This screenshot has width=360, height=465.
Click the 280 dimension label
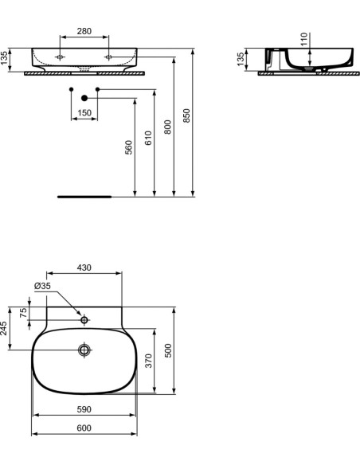click(84, 31)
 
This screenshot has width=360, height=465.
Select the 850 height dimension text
click(186, 115)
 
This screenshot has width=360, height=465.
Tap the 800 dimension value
click(167, 127)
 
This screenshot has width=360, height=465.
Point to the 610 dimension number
click(148, 138)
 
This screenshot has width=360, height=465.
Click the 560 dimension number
click(129, 147)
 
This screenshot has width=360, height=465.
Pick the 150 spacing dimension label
click(84, 113)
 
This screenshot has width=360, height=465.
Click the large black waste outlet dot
click(84, 98)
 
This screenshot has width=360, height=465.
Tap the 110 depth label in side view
click(304, 39)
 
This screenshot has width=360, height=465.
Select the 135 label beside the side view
click(241, 59)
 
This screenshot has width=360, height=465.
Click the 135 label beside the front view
click(4, 58)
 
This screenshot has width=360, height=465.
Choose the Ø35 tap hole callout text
click(42, 286)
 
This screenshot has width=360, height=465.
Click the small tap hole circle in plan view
click(84, 320)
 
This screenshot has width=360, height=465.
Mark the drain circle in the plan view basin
click(84, 350)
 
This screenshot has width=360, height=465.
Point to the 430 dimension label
click(84, 268)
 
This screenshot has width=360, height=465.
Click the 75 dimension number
click(23, 313)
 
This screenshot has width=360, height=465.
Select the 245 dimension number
click(4, 328)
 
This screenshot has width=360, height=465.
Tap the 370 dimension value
click(149, 361)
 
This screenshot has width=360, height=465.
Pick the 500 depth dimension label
click(168, 350)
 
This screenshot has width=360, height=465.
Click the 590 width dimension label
click(84, 409)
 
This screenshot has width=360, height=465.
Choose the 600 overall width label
click(84, 428)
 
